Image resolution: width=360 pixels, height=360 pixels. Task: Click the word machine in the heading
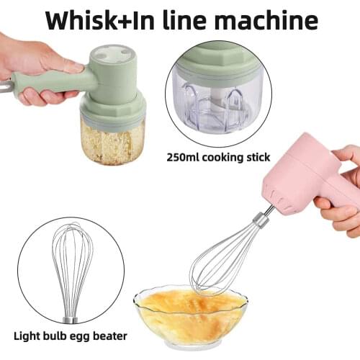(x=268, y=20)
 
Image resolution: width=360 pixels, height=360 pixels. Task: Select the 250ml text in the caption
(x=183, y=158)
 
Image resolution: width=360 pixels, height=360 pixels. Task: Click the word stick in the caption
(x=258, y=158)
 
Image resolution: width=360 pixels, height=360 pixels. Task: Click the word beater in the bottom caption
(x=110, y=336)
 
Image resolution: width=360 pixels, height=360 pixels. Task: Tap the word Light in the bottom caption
(x=27, y=336)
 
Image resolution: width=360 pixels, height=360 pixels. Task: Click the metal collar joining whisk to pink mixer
(x=261, y=220)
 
